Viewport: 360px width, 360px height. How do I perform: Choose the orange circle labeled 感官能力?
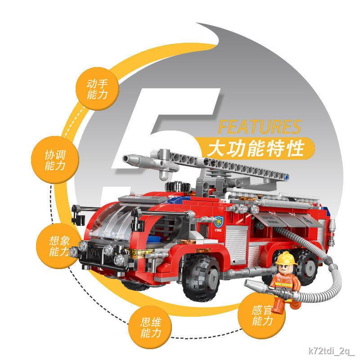(x=263, y=315)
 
